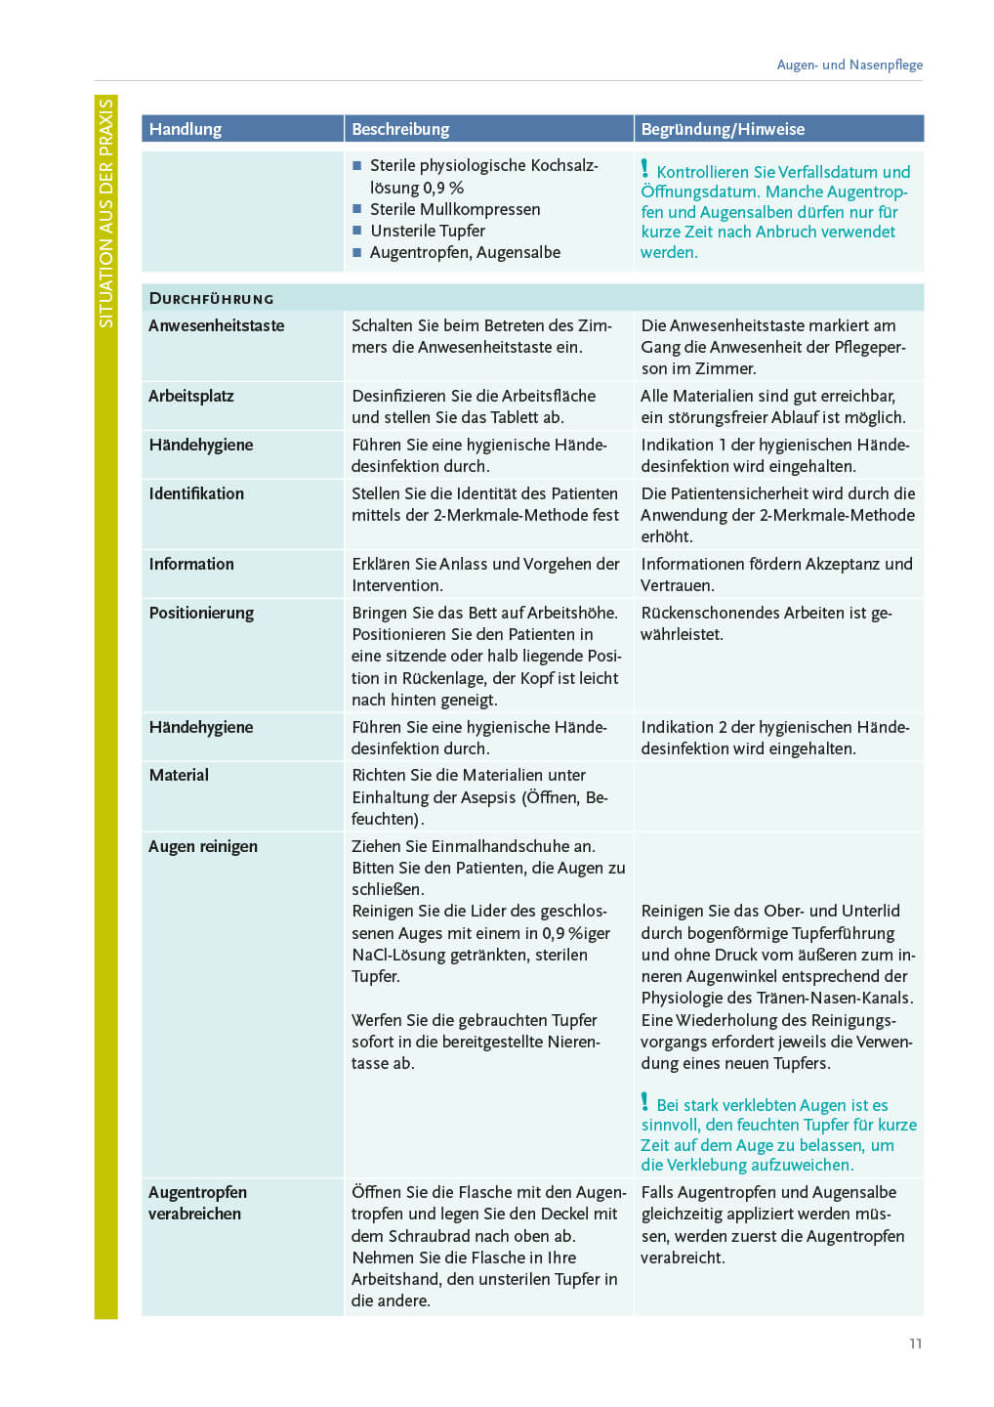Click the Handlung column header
186,129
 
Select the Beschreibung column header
400,129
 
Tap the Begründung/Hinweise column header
723,129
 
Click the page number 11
915,1343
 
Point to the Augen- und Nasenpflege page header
849,64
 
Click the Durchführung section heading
211,299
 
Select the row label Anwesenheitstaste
217,325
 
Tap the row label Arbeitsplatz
191,396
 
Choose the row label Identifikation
196,493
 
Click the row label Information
191,564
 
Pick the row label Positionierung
201,613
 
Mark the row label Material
179,775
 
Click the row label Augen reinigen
203,846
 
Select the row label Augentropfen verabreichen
197,1203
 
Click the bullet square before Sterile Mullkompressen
357,209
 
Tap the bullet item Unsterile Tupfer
428,231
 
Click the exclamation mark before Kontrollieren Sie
644,169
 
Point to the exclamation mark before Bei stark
644,1102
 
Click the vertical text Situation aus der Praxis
105,213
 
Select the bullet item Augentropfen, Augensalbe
465,252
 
